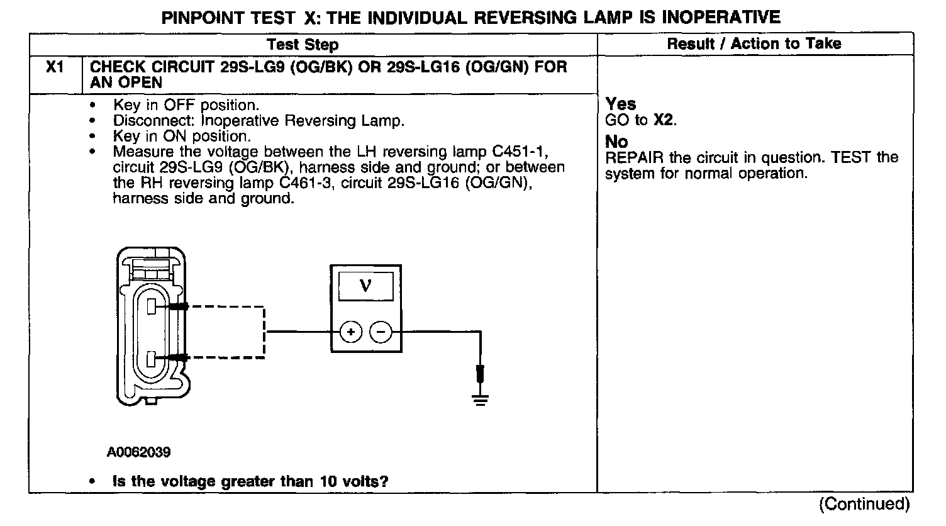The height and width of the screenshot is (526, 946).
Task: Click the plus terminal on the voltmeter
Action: coord(351,332)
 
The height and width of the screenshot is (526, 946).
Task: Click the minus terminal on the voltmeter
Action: coord(381,332)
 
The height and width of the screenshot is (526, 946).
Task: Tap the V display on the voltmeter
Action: coord(365,286)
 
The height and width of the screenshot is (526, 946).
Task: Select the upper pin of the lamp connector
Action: coord(152,306)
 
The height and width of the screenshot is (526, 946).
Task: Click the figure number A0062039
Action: coord(138,452)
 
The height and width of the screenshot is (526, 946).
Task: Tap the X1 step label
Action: coord(55,67)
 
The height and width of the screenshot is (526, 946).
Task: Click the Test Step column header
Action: coord(303,44)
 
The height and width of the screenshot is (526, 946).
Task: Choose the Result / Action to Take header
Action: coord(754,43)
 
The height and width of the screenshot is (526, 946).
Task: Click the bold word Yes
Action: coord(621,104)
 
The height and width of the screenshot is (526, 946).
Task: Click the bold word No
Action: coord(616,142)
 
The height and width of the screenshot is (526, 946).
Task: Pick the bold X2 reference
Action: coord(664,120)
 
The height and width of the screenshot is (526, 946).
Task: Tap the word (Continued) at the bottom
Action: coord(864,504)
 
